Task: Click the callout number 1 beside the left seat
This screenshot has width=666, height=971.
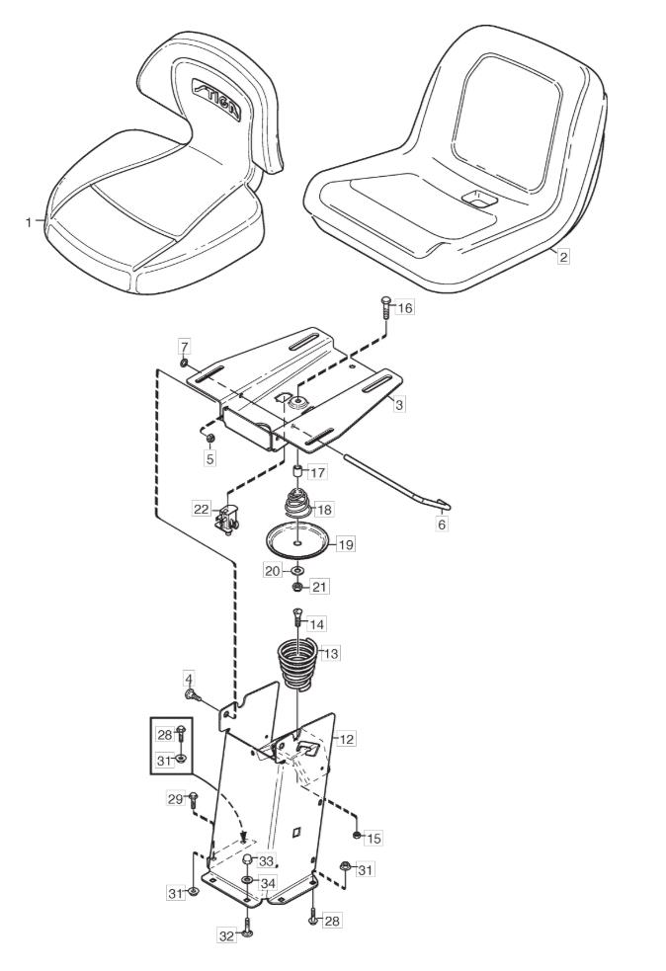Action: click(29, 222)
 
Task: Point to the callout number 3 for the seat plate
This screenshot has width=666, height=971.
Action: click(398, 405)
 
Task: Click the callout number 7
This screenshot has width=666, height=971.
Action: click(184, 345)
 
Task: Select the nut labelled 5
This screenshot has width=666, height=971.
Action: click(208, 435)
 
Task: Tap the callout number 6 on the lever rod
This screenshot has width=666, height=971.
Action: click(442, 525)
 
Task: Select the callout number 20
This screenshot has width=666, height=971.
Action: click(272, 571)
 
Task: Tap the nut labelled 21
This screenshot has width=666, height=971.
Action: click(296, 586)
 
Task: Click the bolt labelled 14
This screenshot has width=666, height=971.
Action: click(296, 621)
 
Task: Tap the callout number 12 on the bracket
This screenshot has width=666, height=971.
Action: click(347, 739)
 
